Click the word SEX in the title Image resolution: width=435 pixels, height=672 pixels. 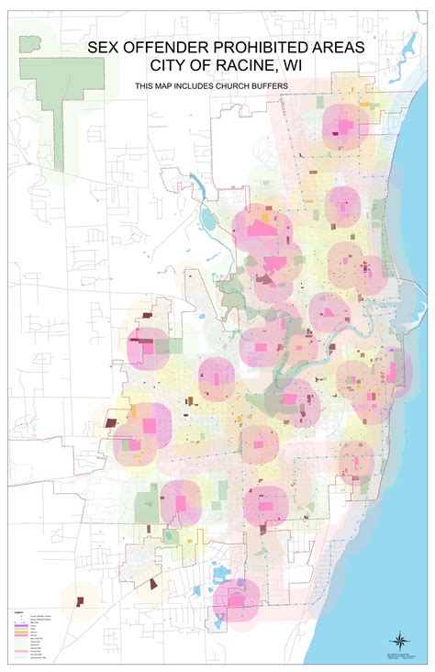pos(106,47)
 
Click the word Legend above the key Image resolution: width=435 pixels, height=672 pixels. pos(17,610)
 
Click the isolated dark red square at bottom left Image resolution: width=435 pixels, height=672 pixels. pos(80,601)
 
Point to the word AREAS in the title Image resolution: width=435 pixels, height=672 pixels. pos(326,47)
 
